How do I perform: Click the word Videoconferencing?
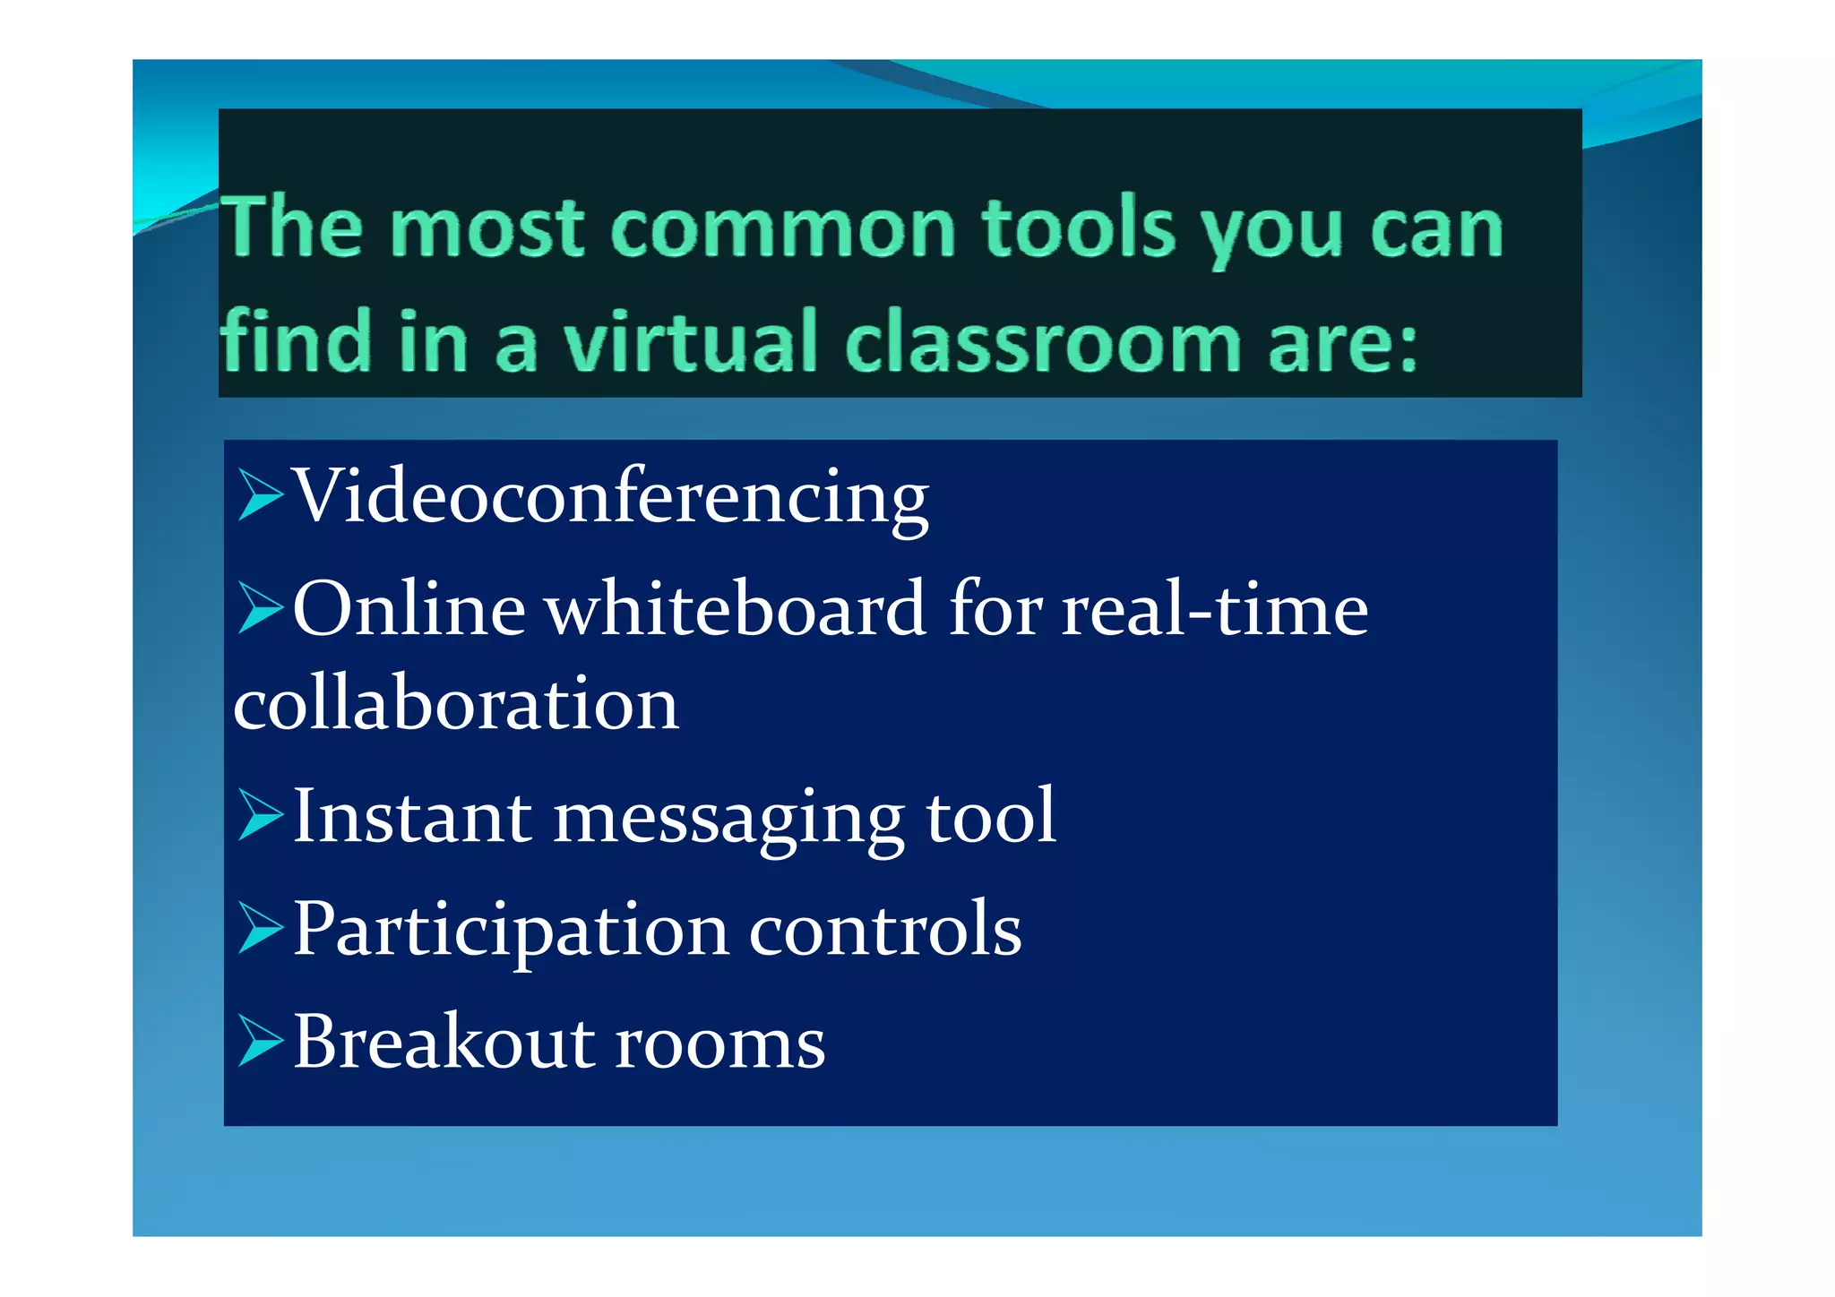click(x=611, y=498)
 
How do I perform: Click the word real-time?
click(x=1215, y=610)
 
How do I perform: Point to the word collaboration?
click(x=456, y=704)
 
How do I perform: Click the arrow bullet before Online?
click(x=260, y=608)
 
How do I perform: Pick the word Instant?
click(x=412, y=817)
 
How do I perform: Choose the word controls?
click(x=885, y=930)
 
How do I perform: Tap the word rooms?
click(x=720, y=1044)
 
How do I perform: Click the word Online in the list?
click(x=409, y=610)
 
